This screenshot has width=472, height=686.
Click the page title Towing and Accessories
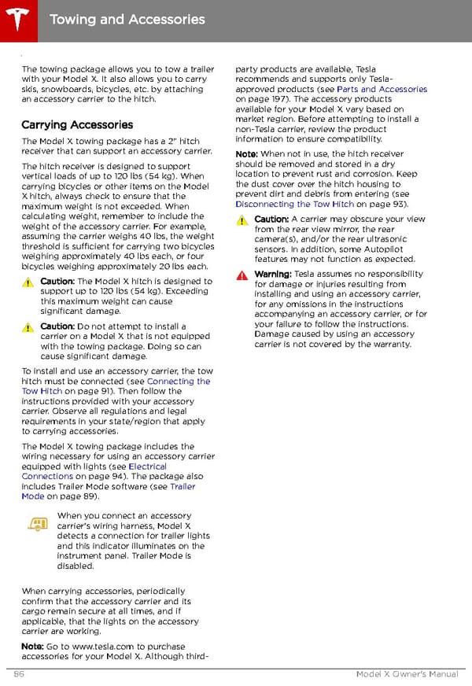pyautogui.click(x=127, y=19)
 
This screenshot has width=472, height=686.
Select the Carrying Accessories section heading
pyautogui.click(x=77, y=124)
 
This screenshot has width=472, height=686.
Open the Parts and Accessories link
pyautogui.click(x=382, y=90)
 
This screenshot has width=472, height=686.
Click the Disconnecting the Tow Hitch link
pyautogui.click(x=295, y=205)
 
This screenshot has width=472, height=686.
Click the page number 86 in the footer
pyautogui.click(x=20, y=674)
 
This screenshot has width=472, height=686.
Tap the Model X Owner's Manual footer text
pyautogui.click(x=406, y=674)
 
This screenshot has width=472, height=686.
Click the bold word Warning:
pyautogui.click(x=273, y=275)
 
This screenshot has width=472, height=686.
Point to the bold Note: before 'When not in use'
pyautogui.click(x=247, y=153)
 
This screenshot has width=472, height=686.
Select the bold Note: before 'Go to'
pyautogui.click(x=33, y=646)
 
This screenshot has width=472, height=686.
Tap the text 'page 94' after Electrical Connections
pyautogui.click(x=99, y=477)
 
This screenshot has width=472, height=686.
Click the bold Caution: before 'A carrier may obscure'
pyautogui.click(x=272, y=219)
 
